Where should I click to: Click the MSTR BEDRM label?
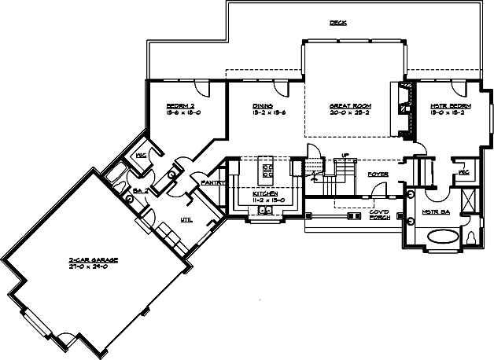click(451, 105)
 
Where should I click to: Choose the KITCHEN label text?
click(265, 193)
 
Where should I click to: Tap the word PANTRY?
click(213, 182)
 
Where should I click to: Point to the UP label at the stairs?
click(345, 156)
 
